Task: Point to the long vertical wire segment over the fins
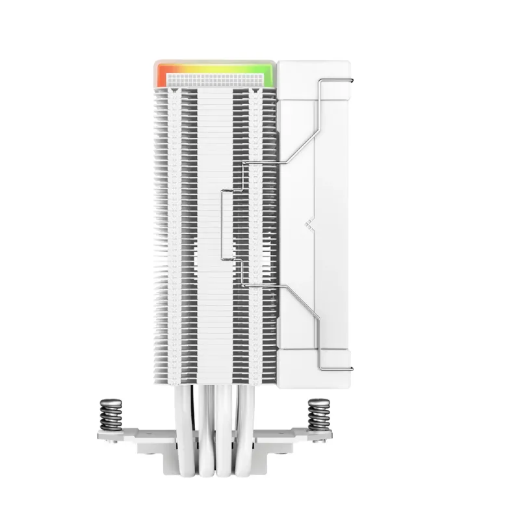pos(222,224)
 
